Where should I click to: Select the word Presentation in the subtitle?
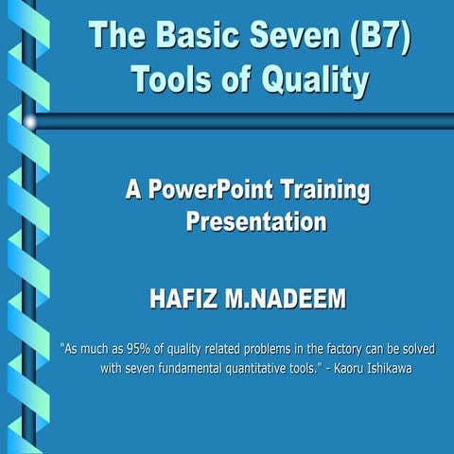pos(256,222)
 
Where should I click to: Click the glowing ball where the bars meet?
pos(30,121)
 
